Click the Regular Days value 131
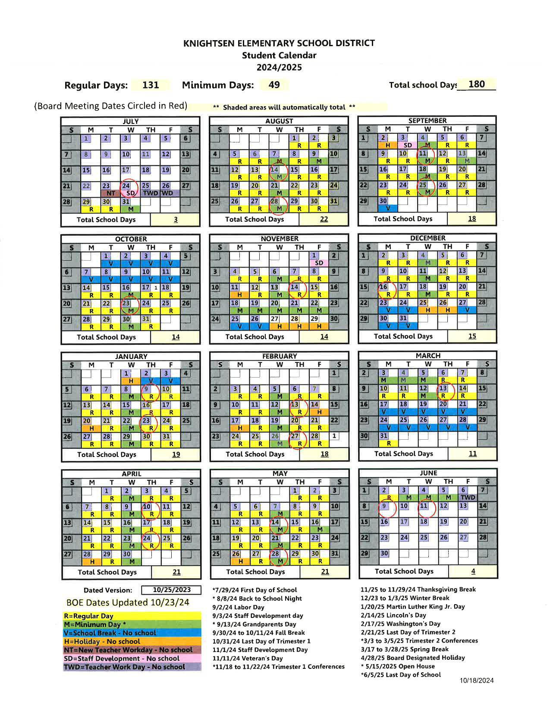pyautogui.click(x=151, y=85)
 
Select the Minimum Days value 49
pyautogui.click(x=274, y=85)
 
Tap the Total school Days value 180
pyautogui.click(x=476, y=84)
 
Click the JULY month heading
pyautogui.click(x=131, y=122)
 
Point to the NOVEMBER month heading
pyautogui.click(x=279, y=239)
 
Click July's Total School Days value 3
pyautogui.click(x=176, y=220)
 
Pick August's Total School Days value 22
pyautogui.click(x=324, y=219)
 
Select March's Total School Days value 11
pyautogui.click(x=473, y=454)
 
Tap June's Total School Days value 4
pyautogui.click(x=473, y=571)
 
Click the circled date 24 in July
pyautogui.click(x=126, y=186)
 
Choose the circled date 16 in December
pyautogui.click(x=383, y=287)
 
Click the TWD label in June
pyautogui.click(x=468, y=498)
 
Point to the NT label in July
pyautogui.click(x=111, y=193)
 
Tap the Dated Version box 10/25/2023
pyautogui.click(x=171, y=590)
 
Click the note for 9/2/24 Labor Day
pyautogui.click(x=238, y=607)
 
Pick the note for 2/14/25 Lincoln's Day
pyautogui.click(x=393, y=615)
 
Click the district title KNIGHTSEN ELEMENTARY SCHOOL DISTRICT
pyautogui.click(x=279, y=43)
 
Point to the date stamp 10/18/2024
pyautogui.click(x=476, y=680)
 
